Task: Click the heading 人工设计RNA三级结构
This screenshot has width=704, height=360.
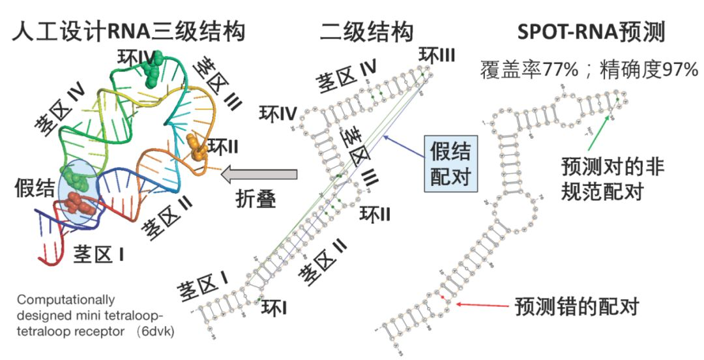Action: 129,31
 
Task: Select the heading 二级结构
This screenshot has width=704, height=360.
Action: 366,31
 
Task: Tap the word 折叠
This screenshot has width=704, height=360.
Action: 256,199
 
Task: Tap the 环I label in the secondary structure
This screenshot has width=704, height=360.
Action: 274,306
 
